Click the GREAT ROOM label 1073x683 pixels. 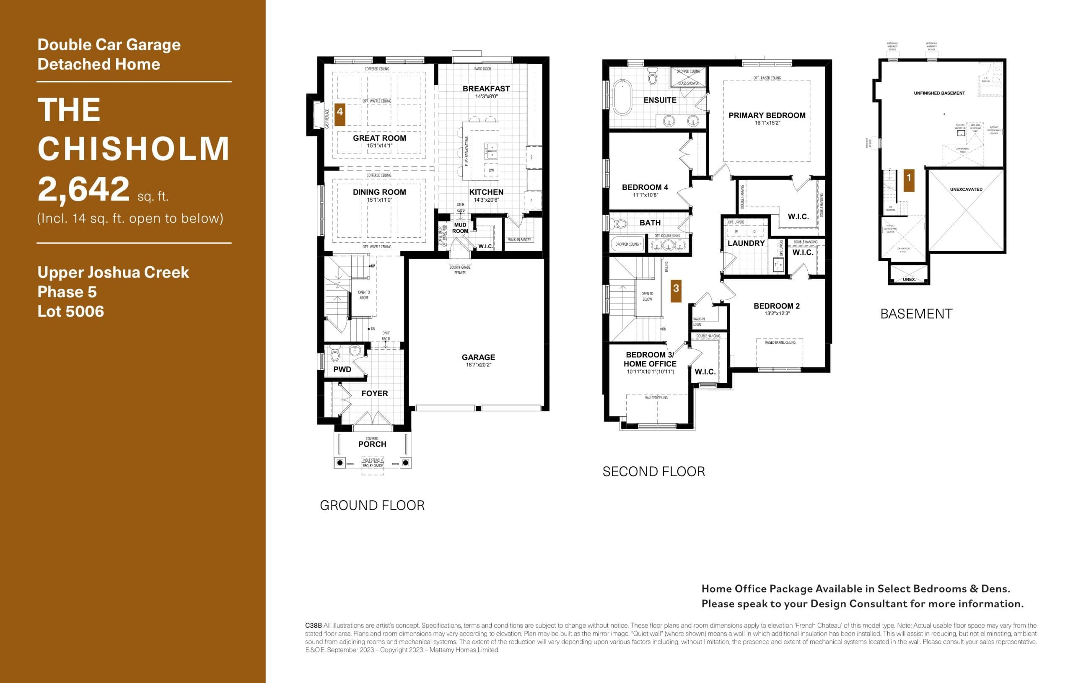[x=379, y=138]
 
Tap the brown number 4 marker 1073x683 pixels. [x=340, y=112]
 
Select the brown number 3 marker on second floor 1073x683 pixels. [x=676, y=288]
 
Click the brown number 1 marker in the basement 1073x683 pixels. [x=909, y=178]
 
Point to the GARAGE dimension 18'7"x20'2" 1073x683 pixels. [x=478, y=365]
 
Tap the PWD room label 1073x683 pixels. [x=342, y=369]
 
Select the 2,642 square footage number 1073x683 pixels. [x=83, y=189]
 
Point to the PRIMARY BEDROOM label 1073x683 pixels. [x=767, y=115]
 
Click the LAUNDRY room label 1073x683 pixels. [x=746, y=244]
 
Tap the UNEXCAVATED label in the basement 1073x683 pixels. [x=966, y=190]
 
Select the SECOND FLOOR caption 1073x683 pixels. [x=654, y=472]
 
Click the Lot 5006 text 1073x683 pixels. [x=70, y=311]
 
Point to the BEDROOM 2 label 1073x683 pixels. [x=777, y=306]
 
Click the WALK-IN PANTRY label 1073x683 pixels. [x=519, y=240]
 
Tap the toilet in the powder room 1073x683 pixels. [x=335, y=356]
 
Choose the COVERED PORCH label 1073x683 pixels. [x=372, y=442]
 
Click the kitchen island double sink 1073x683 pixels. [x=491, y=151]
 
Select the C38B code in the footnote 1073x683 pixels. [x=313, y=626]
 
